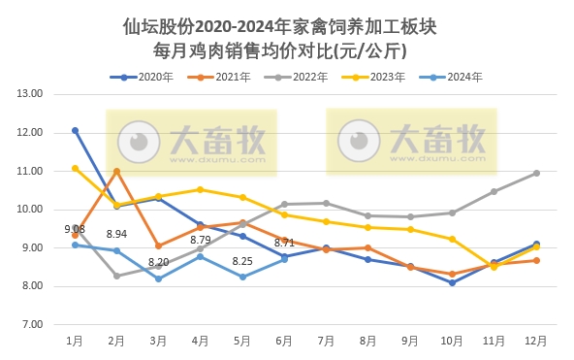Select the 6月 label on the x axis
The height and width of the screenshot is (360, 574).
pyautogui.click(x=284, y=341)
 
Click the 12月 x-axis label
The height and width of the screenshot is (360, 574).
pyautogui.click(x=535, y=341)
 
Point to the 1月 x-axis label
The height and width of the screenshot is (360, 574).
pyautogui.click(x=75, y=341)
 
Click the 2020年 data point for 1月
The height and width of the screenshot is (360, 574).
pyautogui.click(x=75, y=130)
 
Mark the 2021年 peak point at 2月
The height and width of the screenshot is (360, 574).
pyautogui.click(x=116, y=171)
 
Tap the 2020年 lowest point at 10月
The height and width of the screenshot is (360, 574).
pyautogui.click(x=452, y=282)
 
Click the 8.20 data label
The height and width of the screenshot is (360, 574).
pyautogui.click(x=158, y=262)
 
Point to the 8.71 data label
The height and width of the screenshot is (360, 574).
pyautogui.click(x=284, y=243)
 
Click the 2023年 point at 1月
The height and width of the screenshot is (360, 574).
pyautogui.click(x=75, y=168)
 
